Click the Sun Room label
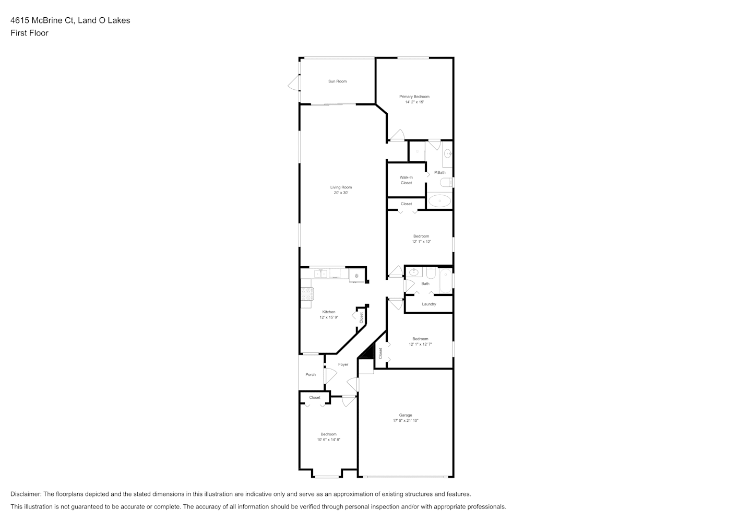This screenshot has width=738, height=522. pyautogui.click(x=337, y=81)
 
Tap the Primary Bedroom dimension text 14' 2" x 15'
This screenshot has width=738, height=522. pyautogui.click(x=414, y=102)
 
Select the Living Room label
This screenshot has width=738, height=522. pyautogui.click(x=341, y=187)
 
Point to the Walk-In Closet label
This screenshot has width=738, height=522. pyautogui.click(x=406, y=180)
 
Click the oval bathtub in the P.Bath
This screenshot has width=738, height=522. pyautogui.click(x=439, y=200)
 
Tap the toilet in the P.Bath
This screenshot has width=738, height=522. pyautogui.click(x=446, y=182)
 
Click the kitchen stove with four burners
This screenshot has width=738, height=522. pyautogui.click(x=307, y=293)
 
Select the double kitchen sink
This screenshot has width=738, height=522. pyautogui.click(x=320, y=274)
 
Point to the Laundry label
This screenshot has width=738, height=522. pyautogui.click(x=429, y=304)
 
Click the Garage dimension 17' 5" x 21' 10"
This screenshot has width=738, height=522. pyautogui.click(x=406, y=421)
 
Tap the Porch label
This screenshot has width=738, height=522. pyautogui.click(x=311, y=374)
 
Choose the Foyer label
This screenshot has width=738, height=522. pyautogui.click(x=343, y=364)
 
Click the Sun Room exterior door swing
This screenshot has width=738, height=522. pyautogui.click(x=294, y=82)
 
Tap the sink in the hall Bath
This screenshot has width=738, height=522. pyautogui.click(x=413, y=272)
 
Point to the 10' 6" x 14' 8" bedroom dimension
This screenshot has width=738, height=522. pyautogui.click(x=328, y=440)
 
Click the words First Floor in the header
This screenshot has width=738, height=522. pyautogui.click(x=29, y=33)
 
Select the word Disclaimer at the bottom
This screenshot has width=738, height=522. pyautogui.click(x=26, y=494)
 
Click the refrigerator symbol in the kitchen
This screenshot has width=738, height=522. pyautogui.click(x=357, y=276)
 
